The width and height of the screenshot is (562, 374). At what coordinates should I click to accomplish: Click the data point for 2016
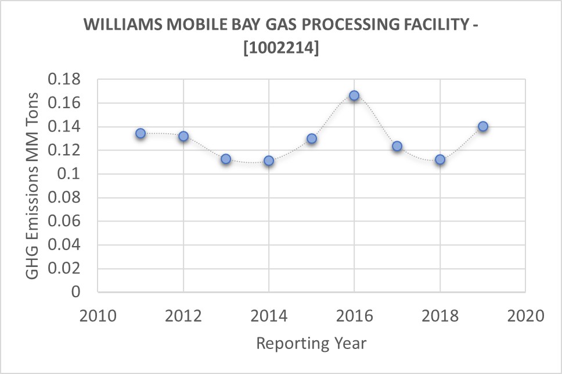click(x=354, y=95)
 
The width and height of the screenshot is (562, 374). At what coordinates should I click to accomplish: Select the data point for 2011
click(x=140, y=133)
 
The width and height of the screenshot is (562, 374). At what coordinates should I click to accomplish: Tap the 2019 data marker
click(x=482, y=127)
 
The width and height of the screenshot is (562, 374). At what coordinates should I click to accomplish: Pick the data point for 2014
click(x=269, y=161)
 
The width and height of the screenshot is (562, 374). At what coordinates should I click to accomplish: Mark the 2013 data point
click(x=226, y=159)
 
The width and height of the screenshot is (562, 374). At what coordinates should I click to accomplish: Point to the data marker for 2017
click(x=397, y=146)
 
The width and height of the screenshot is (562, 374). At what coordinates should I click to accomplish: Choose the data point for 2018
click(x=440, y=159)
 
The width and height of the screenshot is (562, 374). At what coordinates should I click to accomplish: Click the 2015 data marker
click(x=312, y=138)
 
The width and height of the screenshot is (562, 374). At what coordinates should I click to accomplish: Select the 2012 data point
click(x=183, y=136)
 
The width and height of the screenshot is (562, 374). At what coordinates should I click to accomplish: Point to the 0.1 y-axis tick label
click(x=74, y=174)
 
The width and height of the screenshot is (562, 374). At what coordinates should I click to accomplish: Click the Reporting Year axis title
click(x=311, y=343)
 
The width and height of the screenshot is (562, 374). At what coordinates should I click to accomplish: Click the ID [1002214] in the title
click(x=280, y=49)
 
